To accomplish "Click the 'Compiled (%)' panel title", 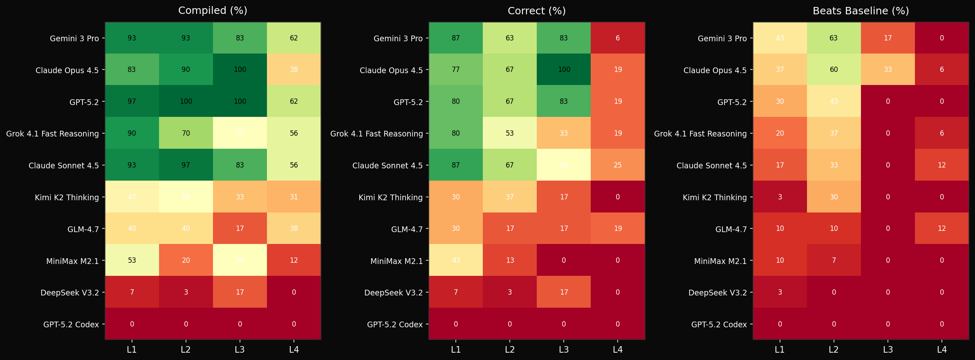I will (213, 11).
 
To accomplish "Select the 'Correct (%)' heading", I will (536, 11).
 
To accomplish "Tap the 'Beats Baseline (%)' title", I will (861, 11).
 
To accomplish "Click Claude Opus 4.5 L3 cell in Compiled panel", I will (240, 69).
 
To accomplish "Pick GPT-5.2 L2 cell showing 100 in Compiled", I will (186, 101).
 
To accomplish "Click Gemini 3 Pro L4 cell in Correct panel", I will (618, 38).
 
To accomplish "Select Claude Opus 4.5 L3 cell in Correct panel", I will (564, 69).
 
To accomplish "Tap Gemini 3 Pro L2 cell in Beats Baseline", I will (834, 38).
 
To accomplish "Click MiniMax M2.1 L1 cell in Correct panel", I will (456, 260).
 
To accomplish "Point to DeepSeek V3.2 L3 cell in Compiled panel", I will (240, 292).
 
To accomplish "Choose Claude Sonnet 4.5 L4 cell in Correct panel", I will (618, 165).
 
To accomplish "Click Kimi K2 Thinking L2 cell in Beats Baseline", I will (834, 197).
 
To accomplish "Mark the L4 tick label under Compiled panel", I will (294, 350).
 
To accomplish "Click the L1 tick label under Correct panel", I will (456, 350).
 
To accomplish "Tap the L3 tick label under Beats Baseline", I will (888, 350).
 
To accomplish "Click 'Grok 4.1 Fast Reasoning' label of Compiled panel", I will (52, 134).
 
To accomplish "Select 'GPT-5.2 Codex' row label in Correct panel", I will (394, 324).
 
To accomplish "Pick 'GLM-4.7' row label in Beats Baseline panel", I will (731, 229).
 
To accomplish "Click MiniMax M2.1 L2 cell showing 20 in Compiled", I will (186, 260).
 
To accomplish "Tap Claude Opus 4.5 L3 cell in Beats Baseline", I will (888, 69).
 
